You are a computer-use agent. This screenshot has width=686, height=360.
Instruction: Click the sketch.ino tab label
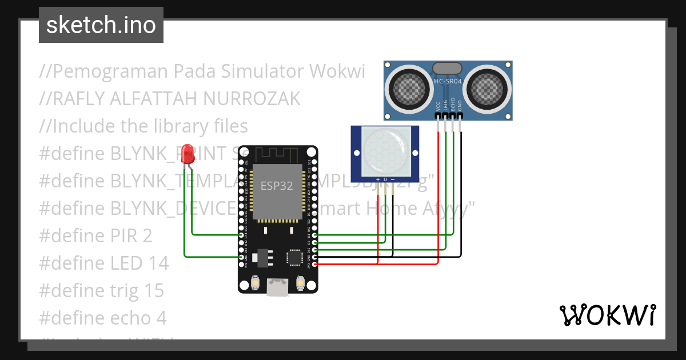click(101, 25)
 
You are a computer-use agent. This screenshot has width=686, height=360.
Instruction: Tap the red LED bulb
click(187, 155)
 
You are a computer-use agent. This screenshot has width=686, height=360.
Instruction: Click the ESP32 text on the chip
click(277, 186)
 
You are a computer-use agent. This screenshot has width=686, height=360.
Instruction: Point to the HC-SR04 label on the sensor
click(448, 82)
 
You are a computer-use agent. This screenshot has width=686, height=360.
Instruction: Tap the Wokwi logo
click(607, 315)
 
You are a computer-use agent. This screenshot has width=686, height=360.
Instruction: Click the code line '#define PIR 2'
click(95, 235)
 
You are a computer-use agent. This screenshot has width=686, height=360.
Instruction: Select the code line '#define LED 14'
click(103, 263)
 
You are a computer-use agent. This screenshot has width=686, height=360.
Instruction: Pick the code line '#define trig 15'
click(101, 290)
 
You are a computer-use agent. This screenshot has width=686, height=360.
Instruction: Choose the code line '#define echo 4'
click(103, 318)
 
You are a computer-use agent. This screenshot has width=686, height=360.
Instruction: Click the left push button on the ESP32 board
click(254, 282)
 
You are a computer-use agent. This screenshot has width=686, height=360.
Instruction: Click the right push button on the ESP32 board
click(301, 282)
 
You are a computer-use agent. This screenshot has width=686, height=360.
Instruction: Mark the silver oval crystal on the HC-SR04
click(448, 68)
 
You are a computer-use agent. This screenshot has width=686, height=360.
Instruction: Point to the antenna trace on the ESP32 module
click(277, 154)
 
